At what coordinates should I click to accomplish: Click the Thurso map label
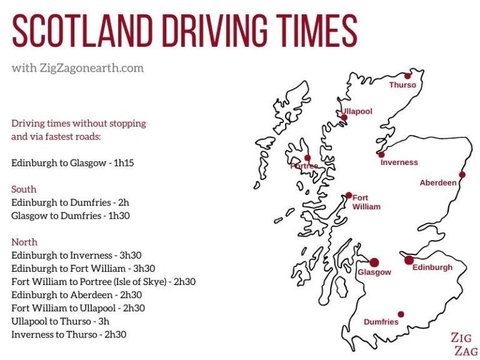coord(402,85)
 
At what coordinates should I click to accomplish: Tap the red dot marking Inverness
coord(381,154)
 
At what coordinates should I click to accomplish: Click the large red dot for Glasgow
coord(374,262)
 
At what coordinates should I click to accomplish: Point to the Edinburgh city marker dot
coord(409,260)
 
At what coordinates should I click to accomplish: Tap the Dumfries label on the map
coord(381,322)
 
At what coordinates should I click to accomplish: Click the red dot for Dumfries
coord(401,314)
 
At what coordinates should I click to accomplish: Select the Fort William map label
coord(366,202)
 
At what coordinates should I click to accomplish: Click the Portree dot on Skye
coord(307,158)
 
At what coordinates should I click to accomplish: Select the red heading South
coord(24,189)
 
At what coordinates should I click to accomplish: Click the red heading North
coord(24,242)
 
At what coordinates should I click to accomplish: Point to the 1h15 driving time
coord(124,163)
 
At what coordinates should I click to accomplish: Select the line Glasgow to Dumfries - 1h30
coord(74,216)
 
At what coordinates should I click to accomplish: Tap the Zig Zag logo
coord(464,344)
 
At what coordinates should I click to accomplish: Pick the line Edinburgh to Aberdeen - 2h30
coord(76,295)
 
